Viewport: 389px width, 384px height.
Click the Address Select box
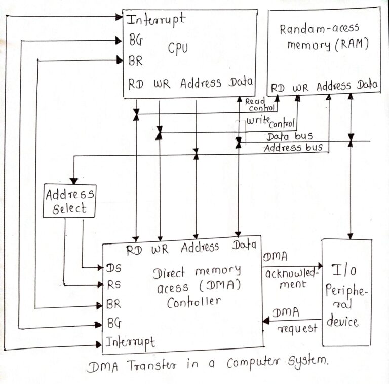click(x=69, y=201)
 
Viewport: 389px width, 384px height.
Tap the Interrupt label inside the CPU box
click(x=155, y=20)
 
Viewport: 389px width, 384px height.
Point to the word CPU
click(x=178, y=48)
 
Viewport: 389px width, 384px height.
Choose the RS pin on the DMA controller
click(x=114, y=285)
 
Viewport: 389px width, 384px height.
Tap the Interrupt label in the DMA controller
click(x=131, y=341)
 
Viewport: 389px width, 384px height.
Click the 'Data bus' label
click(x=289, y=136)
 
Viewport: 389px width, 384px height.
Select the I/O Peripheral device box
click(x=346, y=293)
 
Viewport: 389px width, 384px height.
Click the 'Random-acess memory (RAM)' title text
click(x=323, y=37)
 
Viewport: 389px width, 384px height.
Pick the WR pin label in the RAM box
click(x=300, y=87)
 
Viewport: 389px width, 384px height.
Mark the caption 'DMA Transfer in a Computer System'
click(x=208, y=364)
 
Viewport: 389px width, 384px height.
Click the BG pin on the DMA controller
click(x=114, y=322)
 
